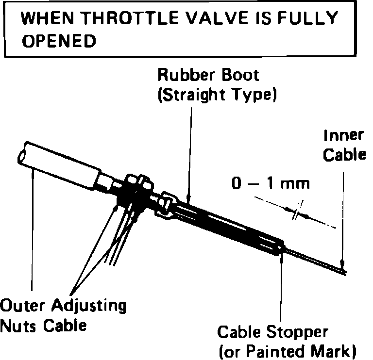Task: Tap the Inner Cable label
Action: (x=344, y=145)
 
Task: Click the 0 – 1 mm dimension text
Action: (x=271, y=184)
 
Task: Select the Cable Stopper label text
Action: (x=272, y=332)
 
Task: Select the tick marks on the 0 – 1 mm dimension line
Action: (x=296, y=212)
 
